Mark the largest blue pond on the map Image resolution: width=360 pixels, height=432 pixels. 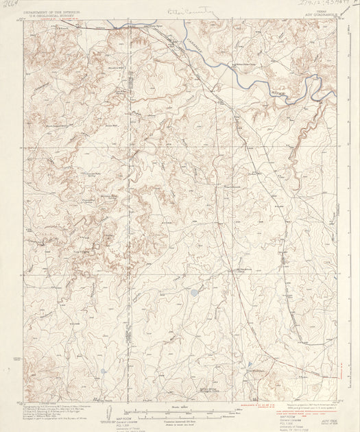pos(195,292)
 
